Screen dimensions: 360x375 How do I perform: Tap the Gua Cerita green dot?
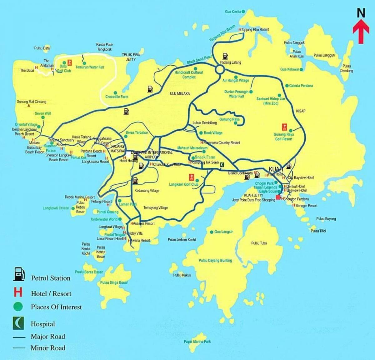pyautogui.click(x=243, y=12)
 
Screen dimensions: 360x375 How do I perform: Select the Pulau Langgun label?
pyautogui.click(x=324, y=55)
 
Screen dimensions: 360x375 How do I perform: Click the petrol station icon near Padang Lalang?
pyautogui.click(x=225, y=56)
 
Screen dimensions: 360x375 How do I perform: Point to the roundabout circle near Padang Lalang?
pyautogui.click(x=220, y=70)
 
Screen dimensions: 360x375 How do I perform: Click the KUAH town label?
pyautogui.click(x=275, y=169)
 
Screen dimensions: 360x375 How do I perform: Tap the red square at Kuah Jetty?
pyautogui.click(x=278, y=197)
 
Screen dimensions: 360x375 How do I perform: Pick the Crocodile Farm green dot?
pyautogui.click(x=115, y=92)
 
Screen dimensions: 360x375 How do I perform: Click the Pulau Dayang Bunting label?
pyautogui.click(x=215, y=260)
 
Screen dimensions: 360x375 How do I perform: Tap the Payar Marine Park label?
pyautogui.click(x=197, y=342)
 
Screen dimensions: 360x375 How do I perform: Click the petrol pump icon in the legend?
pyautogui.click(x=18, y=274)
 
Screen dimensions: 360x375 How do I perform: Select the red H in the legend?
pyautogui.click(x=18, y=292)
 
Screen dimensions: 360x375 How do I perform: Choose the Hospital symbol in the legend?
pyautogui.click(x=18, y=323)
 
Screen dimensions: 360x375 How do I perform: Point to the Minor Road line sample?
pyautogui.click(x=19, y=348)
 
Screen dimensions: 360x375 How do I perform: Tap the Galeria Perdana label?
pyautogui.click(x=301, y=86)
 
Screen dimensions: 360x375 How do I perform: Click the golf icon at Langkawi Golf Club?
pyautogui.click(x=191, y=177)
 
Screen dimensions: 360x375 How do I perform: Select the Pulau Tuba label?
pyautogui.click(x=259, y=243)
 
